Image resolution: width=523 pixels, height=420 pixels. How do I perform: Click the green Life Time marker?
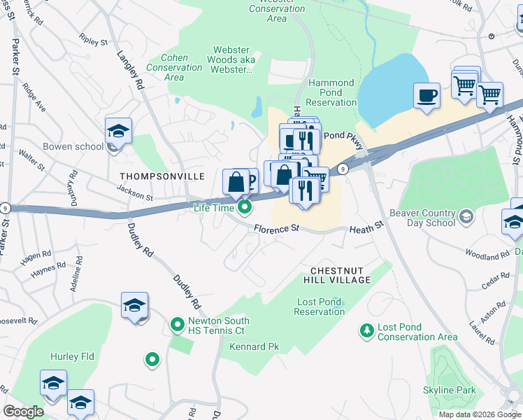245,207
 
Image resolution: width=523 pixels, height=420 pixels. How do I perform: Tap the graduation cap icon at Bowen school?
119,131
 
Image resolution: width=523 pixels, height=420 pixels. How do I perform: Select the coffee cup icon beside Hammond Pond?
427,96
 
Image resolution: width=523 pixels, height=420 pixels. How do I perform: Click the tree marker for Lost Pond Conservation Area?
366,330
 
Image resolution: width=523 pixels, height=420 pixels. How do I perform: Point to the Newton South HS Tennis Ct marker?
178,325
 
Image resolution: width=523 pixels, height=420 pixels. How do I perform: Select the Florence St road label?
276,229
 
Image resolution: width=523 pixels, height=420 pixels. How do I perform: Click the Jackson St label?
135,193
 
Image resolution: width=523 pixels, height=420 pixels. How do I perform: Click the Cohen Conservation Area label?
174,67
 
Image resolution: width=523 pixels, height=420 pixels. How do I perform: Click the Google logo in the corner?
23,411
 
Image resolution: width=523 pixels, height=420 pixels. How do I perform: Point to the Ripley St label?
94,42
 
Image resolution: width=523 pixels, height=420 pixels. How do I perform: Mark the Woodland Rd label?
487,256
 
